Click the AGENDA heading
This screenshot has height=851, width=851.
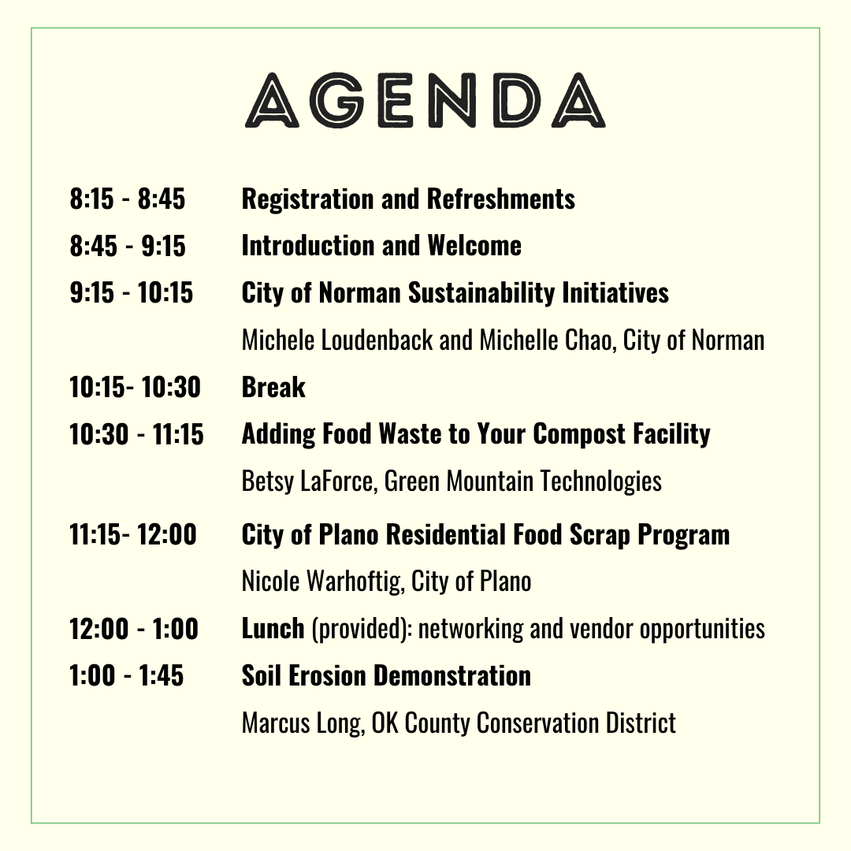point(425,101)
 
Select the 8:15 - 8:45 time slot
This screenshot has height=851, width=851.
point(128,199)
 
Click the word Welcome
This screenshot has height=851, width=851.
point(474,246)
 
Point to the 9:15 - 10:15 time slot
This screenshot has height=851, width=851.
point(132,293)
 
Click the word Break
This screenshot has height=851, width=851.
point(273,388)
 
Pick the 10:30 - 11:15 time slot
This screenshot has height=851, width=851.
point(136,434)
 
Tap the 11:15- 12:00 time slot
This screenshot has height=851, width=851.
point(133,535)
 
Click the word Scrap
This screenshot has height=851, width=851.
point(591,535)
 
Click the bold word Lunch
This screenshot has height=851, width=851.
point(273,629)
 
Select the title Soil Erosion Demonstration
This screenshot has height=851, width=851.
point(386,676)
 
